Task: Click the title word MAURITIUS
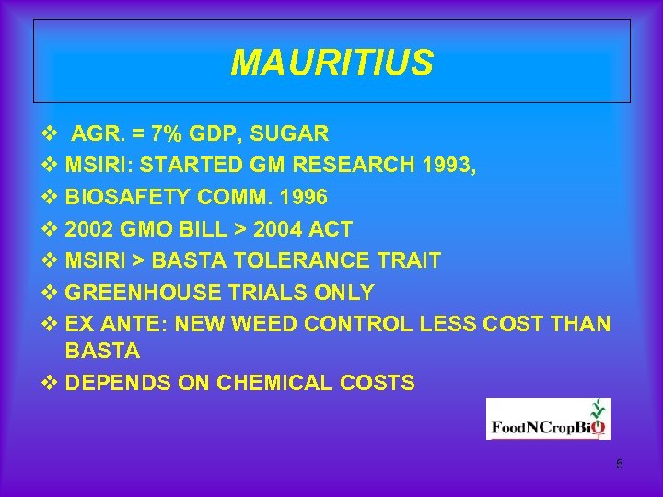331,64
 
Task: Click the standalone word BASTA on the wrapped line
102,351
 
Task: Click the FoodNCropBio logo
548,419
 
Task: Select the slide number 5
620,464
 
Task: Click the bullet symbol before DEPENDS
50,383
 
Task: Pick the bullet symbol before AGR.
50,134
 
